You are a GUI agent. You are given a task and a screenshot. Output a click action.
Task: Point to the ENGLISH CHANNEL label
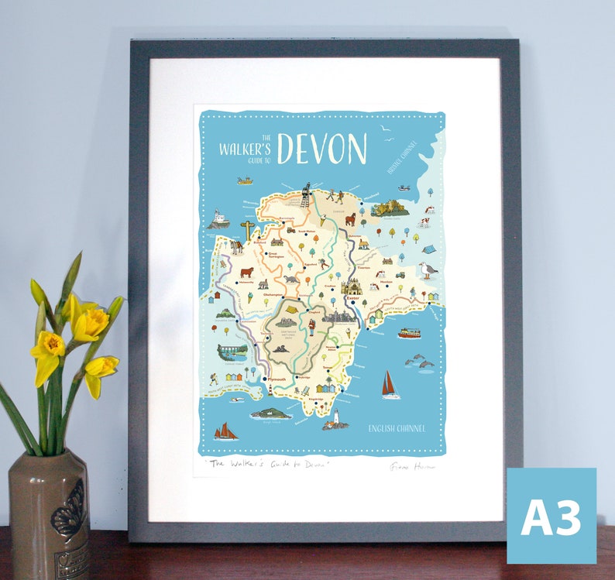click(397, 427)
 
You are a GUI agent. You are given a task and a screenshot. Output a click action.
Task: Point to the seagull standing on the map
click(427, 269)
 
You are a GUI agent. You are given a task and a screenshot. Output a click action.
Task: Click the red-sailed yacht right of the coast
click(390, 385)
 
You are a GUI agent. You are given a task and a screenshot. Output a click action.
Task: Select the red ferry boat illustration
click(409, 333)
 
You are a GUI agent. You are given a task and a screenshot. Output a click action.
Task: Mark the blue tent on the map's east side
click(428, 249)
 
